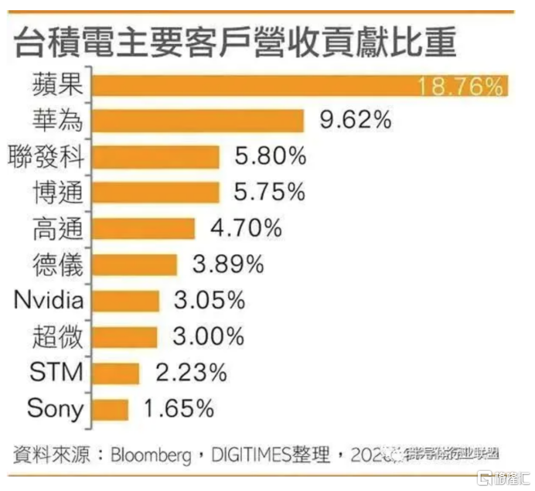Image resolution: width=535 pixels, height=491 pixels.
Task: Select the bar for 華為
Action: [x=197, y=121]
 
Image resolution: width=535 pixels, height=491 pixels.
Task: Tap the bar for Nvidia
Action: [x=125, y=301]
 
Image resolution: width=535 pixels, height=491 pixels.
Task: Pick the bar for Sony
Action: [x=110, y=409]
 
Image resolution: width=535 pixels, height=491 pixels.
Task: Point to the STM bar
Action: [x=116, y=373]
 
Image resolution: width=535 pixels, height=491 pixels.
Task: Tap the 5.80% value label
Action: [x=271, y=156]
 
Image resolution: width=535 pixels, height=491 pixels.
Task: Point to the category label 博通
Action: [x=56, y=192]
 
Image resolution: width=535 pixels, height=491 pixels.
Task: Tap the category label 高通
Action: [x=56, y=228]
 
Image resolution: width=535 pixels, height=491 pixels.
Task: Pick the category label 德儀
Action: [x=56, y=264]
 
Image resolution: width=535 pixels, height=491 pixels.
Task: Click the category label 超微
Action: [x=56, y=336]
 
